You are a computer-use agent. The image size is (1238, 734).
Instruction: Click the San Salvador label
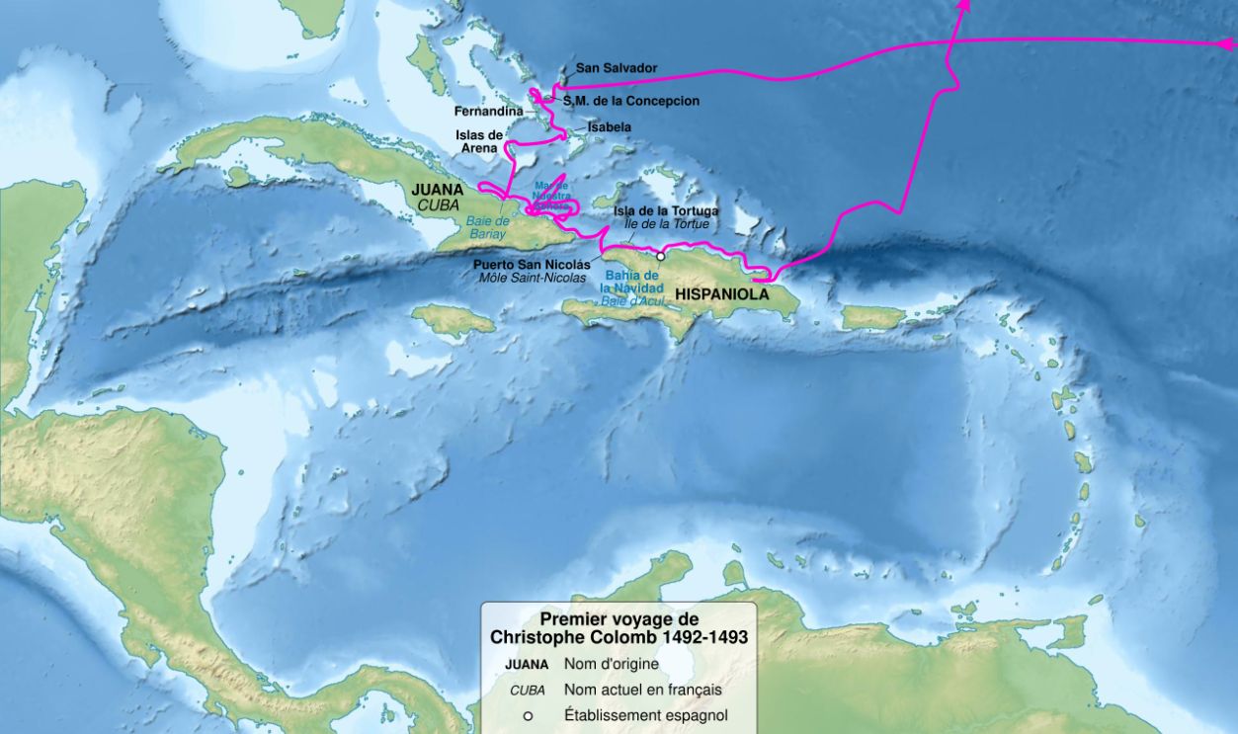point(617,68)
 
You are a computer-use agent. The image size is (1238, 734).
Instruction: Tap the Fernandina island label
point(488,112)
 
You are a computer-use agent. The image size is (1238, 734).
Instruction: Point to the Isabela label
point(609,127)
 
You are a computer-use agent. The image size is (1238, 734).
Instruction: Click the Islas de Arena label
point(479,141)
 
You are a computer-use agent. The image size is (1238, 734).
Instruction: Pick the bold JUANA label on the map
point(436,187)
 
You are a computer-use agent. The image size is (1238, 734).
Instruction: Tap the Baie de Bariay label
point(487,228)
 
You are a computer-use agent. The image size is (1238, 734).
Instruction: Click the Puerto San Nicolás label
point(532,265)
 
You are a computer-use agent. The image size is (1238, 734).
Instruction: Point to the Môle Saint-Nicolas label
point(533,278)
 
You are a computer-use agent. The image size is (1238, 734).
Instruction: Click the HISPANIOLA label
point(722,293)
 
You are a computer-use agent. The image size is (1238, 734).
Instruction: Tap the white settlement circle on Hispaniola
point(661,256)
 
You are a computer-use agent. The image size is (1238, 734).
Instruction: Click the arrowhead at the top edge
point(964,5)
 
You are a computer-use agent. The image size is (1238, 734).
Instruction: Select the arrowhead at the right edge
point(1228,43)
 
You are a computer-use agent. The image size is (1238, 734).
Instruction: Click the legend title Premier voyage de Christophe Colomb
point(619,628)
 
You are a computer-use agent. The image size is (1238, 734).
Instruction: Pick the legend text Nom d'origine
point(611,664)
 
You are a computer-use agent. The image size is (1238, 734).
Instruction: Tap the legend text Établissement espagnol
point(645,715)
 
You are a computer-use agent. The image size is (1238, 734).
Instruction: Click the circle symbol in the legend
point(527,716)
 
